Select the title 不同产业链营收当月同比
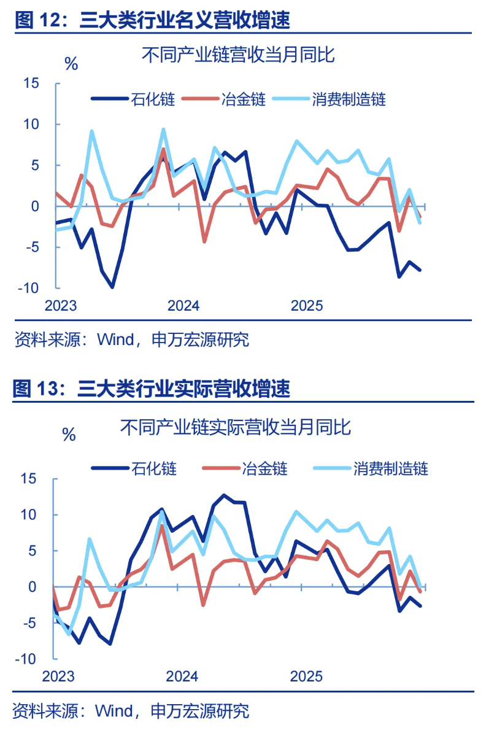[x=239, y=56]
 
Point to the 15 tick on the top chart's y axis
[x=31, y=83]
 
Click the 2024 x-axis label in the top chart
[x=183, y=306]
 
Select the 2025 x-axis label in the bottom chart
[x=306, y=676]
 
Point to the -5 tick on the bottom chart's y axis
[x=30, y=623]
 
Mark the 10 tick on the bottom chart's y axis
[x=30, y=514]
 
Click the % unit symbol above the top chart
[x=72, y=63]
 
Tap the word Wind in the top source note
[x=115, y=339]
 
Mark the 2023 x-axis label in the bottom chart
[x=58, y=676]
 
